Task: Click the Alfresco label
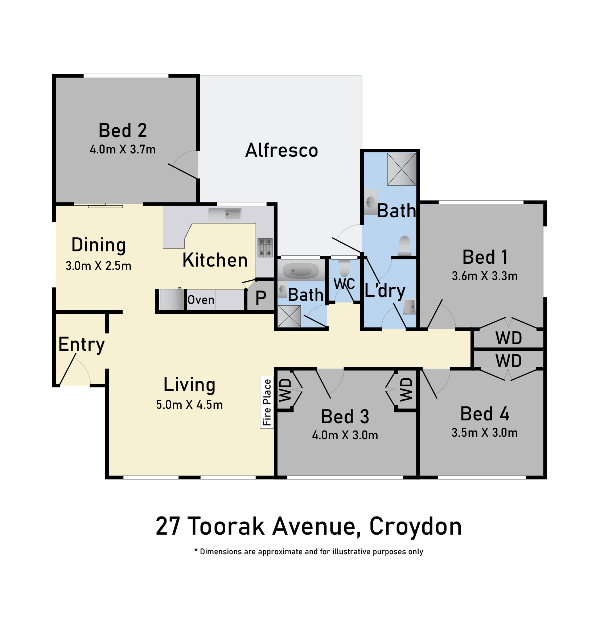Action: tap(281, 150)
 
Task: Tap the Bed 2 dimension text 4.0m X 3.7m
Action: tap(123, 149)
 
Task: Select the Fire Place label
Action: tap(267, 402)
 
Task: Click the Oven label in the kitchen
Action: tap(201, 300)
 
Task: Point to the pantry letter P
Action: tap(261, 298)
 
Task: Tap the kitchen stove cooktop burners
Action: tap(265, 247)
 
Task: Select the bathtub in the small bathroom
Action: tap(300, 271)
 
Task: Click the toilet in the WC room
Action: tap(344, 268)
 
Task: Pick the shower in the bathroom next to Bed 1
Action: tap(402, 169)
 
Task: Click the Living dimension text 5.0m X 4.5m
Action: tap(189, 405)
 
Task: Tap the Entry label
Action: tap(82, 344)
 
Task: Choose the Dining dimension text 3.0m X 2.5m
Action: tap(98, 266)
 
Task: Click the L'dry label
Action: tap(385, 291)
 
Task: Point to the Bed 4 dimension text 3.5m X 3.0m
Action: tap(484, 433)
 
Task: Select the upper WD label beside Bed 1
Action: tap(509, 338)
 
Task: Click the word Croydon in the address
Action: tap(415, 526)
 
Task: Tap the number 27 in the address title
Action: tap(168, 526)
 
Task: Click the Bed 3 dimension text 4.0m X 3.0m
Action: tap(345, 435)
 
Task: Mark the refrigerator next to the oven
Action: tap(171, 299)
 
